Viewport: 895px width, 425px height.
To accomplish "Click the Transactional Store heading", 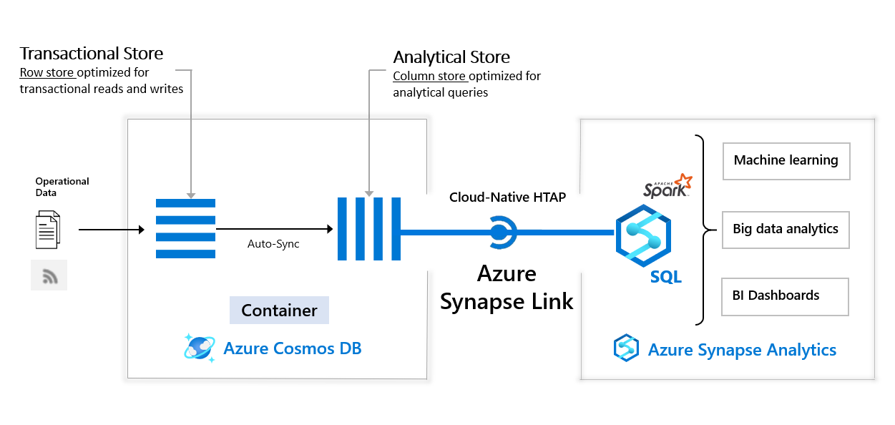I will [91, 54].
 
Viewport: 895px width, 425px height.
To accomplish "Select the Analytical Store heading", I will [451, 57].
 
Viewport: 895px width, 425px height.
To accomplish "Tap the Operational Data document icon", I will [48, 229].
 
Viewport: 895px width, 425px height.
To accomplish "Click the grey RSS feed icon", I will [49, 275].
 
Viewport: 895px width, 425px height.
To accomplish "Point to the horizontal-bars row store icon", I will [185, 228].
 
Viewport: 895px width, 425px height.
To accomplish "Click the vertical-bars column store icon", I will [368, 229].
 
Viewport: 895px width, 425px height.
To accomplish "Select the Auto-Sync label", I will [273, 244].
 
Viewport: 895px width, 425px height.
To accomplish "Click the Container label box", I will [279, 311].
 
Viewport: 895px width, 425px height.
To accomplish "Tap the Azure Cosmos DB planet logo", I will [199, 348].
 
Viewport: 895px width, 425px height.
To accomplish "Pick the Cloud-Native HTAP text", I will [507, 197].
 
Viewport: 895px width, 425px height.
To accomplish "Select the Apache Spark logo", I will [667, 186].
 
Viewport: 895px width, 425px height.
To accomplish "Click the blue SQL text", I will [665, 277].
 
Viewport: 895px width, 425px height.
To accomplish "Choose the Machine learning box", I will [786, 160].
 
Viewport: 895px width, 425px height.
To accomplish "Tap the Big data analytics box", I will [786, 230].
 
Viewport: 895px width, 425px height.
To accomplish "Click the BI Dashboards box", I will [784, 296].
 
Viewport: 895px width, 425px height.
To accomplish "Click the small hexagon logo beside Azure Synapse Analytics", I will [626, 348].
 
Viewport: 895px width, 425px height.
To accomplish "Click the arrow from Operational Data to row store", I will [111, 230].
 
